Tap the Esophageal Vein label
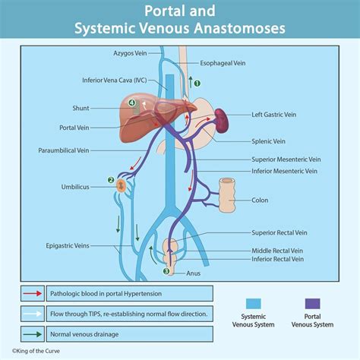coord(225,65)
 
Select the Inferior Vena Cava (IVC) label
coord(115,80)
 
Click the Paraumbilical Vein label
coord(64,150)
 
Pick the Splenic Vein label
coord(269,141)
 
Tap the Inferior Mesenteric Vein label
coord(284,171)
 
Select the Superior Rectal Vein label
coord(280,232)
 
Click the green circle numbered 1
coord(197,84)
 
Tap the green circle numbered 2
coord(111,181)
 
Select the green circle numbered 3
coord(166,270)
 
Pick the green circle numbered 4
coord(132,103)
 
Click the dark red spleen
coord(221,118)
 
